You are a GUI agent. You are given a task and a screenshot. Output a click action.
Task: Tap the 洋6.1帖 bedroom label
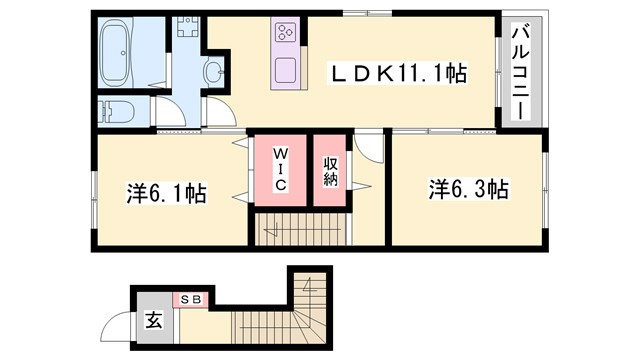166,193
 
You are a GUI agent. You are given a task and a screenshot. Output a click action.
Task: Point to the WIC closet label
281,170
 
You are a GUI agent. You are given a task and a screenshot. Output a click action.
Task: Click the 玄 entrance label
154,322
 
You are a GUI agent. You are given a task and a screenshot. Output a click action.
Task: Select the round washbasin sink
214,71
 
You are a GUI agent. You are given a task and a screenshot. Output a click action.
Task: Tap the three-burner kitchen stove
285,32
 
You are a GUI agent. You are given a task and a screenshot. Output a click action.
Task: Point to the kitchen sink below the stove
285,71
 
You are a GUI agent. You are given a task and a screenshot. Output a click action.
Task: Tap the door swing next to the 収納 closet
370,150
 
